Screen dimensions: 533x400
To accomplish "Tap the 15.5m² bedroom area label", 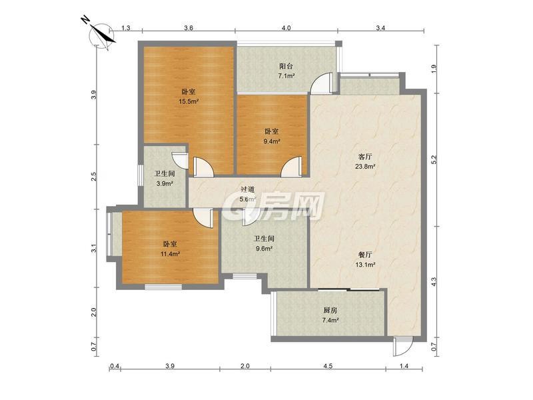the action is click(x=189, y=101).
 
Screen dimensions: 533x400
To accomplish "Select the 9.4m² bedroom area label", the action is click(x=272, y=141).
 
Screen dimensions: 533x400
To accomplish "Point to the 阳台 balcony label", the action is click(x=286, y=66).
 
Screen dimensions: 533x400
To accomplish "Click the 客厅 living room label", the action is click(x=365, y=157).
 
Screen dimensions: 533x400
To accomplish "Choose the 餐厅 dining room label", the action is click(x=365, y=255).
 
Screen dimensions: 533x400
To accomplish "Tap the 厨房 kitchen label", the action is click(x=330, y=310).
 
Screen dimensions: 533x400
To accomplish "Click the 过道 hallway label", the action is click(x=247, y=190).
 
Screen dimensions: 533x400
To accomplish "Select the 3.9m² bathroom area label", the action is click(x=165, y=184).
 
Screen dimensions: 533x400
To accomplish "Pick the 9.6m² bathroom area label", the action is click(x=264, y=249).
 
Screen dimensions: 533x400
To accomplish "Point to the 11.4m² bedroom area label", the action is click(x=170, y=254).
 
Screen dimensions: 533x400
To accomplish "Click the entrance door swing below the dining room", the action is click(x=402, y=347).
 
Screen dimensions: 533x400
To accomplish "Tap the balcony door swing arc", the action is click(x=321, y=83).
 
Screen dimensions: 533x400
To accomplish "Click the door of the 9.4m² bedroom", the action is click(x=291, y=166).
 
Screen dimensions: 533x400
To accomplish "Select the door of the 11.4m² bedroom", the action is click(x=203, y=219).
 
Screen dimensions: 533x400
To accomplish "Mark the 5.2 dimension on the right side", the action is click(x=434, y=160).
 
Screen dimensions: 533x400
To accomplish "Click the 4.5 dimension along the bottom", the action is click(x=328, y=366).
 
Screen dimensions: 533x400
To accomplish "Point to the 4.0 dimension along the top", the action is click(x=286, y=28).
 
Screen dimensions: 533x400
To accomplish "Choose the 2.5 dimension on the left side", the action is click(x=94, y=177).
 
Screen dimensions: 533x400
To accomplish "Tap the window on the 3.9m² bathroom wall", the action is click(x=140, y=175).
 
